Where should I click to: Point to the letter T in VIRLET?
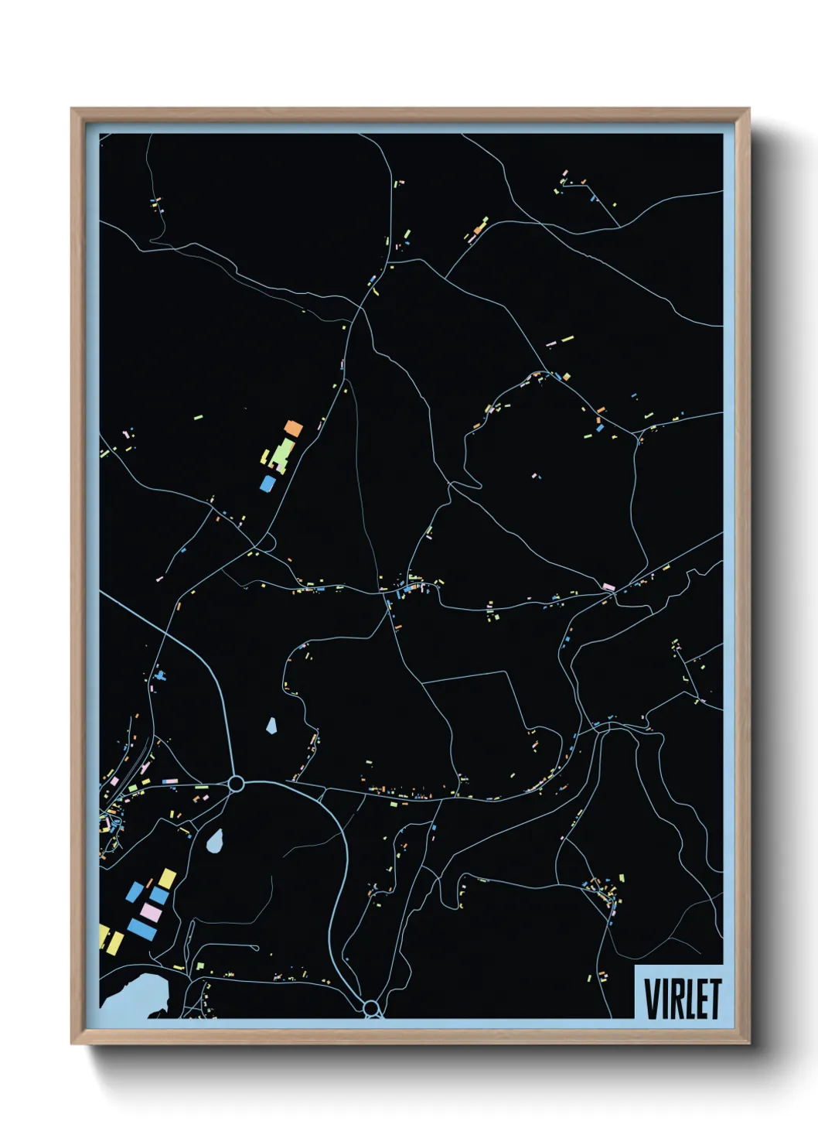click(714, 998)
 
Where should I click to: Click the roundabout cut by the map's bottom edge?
click(371, 1008)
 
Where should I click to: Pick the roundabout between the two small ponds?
click(237, 784)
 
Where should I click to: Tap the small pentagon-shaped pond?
click(271, 725)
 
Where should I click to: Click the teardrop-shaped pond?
click(216, 839)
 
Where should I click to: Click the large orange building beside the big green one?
click(293, 427)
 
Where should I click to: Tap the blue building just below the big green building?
click(268, 484)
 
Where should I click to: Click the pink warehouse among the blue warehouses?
click(152, 913)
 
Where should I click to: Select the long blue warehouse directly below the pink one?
click(142, 928)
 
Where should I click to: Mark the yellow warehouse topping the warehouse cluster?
click(167, 878)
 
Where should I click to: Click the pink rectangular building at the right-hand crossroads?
click(608, 588)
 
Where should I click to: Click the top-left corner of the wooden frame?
click(73, 110)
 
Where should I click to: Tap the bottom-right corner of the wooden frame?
click(748, 1043)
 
